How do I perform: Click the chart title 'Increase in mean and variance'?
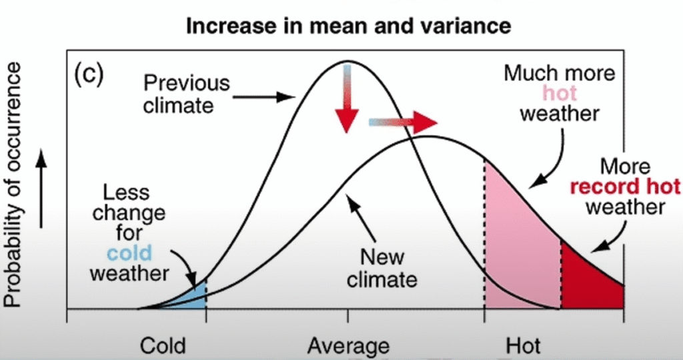[348, 26]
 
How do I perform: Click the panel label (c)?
[87, 73]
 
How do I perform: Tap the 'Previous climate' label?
[186, 94]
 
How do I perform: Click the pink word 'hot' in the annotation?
[560, 93]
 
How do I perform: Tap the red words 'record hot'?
[625, 185]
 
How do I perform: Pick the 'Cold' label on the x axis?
[163, 346]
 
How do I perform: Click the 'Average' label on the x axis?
[348, 346]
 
